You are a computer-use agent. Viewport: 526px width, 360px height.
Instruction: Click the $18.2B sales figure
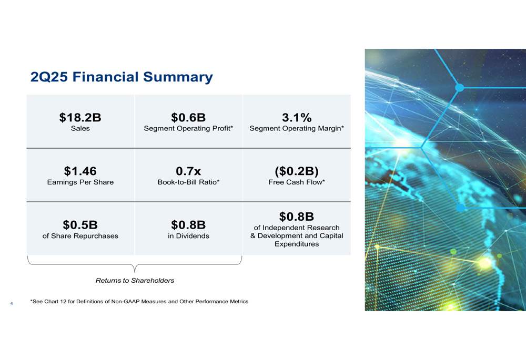(80, 118)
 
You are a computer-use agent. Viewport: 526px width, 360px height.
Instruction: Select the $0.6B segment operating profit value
(188, 118)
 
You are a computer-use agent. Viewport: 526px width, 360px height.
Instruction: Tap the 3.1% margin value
(297, 118)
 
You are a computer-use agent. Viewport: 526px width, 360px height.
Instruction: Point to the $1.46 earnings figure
(80, 171)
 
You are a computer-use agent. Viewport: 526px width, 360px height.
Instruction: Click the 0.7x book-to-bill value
(188, 171)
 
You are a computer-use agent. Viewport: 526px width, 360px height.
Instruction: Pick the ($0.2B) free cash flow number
(297, 171)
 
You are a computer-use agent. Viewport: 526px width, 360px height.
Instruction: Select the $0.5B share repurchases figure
(80, 225)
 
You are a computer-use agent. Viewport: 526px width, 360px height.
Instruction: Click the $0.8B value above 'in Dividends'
(188, 225)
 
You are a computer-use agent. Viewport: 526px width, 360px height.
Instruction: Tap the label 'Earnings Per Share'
(80, 182)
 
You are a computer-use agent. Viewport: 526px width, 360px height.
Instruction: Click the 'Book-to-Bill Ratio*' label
(188, 182)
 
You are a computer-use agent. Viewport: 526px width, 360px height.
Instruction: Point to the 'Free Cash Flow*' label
(297, 182)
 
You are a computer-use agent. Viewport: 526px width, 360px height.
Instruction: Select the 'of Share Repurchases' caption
(80, 236)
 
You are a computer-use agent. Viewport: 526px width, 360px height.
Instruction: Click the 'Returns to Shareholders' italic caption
(135, 280)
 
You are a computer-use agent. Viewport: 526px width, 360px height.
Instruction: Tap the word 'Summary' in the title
(178, 77)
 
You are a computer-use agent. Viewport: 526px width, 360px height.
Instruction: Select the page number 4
(12, 303)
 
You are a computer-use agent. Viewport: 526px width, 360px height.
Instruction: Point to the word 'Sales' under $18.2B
(80, 128)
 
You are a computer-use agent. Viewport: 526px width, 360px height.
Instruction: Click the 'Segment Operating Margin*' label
(297, 128)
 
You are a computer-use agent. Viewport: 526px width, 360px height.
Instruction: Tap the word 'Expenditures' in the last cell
(297, 244)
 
